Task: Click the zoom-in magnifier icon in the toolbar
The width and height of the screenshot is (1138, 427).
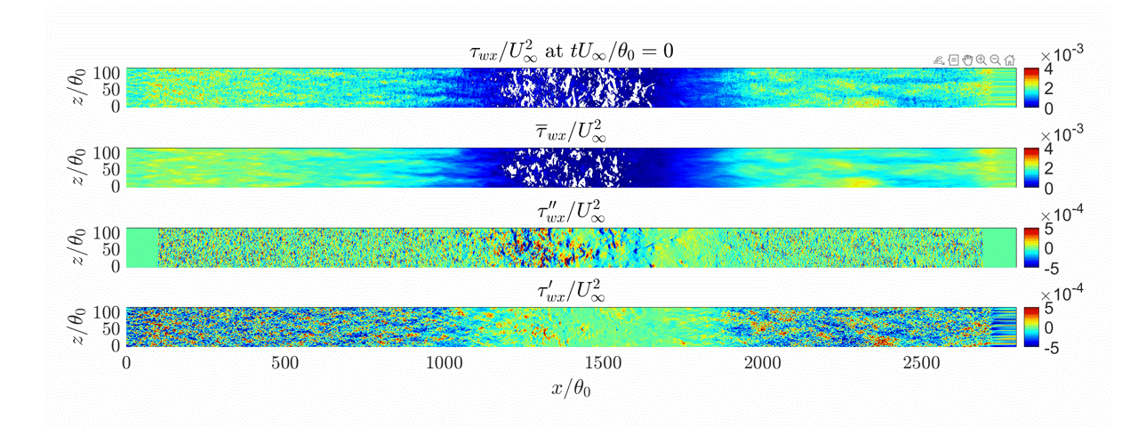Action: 981,60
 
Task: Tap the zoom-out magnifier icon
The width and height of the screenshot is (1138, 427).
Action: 995,60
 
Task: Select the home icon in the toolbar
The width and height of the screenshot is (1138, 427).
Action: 1009,60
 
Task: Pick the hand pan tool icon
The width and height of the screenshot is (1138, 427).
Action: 966,60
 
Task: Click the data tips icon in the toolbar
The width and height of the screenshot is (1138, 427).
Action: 952,60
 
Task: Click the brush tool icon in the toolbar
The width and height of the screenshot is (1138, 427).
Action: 938,60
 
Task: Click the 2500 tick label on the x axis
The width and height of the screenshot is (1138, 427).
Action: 921,363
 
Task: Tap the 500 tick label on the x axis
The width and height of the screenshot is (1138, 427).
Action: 285,363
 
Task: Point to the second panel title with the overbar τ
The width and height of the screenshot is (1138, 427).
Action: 571,133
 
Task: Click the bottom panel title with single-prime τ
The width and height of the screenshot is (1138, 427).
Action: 571,292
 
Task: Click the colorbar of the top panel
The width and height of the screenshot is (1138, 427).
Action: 1031,87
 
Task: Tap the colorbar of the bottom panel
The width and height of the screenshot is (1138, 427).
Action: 1031,327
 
